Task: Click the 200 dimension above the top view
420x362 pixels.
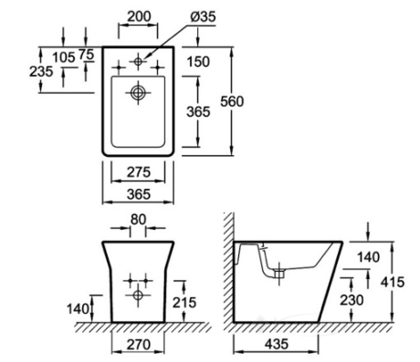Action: (x=139, y=16)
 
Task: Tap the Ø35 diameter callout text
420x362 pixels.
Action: (x=203, y=16)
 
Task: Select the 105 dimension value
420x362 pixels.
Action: (x=64, y=57)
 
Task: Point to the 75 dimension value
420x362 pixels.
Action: (x=86, y=55)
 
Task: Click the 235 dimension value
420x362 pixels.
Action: (x=41, y=71)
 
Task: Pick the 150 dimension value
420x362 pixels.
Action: (x=198, y=62)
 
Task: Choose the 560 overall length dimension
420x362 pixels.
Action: (x=232, y=101)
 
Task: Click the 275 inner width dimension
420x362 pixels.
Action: (x=139, y=172)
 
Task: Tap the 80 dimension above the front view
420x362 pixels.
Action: (x=138, y=219)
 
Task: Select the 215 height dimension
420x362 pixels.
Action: (x=184, y=303)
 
